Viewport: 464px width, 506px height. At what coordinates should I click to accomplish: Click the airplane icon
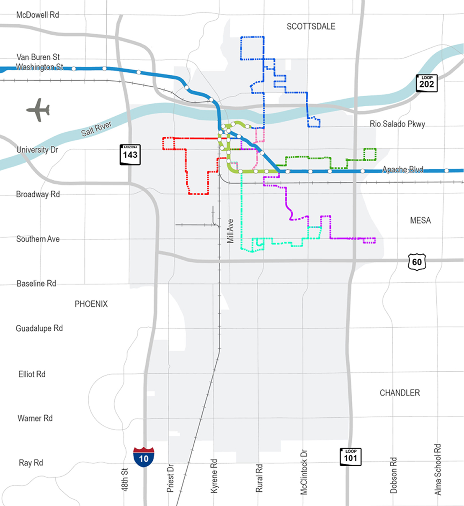(38, 110)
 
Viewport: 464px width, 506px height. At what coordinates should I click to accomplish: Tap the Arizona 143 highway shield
(130, 155)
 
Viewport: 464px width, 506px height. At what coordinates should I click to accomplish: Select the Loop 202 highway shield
(426, 83)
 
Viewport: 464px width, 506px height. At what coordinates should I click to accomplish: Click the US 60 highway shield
(417, 262)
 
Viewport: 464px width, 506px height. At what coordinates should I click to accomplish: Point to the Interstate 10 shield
(144, 457)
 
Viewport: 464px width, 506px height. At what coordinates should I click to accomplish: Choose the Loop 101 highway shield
(351, 457)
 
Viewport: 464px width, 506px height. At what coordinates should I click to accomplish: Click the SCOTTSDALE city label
(311, 27)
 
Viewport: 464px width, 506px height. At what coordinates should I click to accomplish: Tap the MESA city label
(420, 220)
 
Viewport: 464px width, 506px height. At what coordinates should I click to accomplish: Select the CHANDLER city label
(400, 393)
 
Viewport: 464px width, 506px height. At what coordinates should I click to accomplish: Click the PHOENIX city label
(91, 304)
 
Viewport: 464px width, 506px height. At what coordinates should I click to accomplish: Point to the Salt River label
(96, 128)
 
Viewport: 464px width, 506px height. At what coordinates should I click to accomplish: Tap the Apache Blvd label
(402, 169)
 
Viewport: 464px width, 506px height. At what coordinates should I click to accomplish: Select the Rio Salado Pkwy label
(397, 124)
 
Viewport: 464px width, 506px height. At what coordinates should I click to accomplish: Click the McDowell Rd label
(38, 15)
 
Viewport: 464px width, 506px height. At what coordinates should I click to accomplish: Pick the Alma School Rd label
(438, 470)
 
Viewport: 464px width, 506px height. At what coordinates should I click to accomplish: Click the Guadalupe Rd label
(39, 328)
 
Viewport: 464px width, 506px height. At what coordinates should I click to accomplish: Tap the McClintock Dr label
(304, 473)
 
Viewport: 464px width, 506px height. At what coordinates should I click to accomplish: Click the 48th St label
(125, 480)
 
